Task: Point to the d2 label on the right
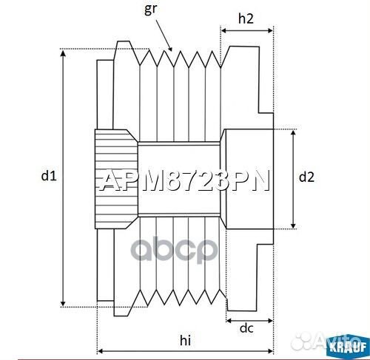pos(306,177)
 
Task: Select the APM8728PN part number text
pos(185,180)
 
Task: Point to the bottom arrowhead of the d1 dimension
pos(64,302)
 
